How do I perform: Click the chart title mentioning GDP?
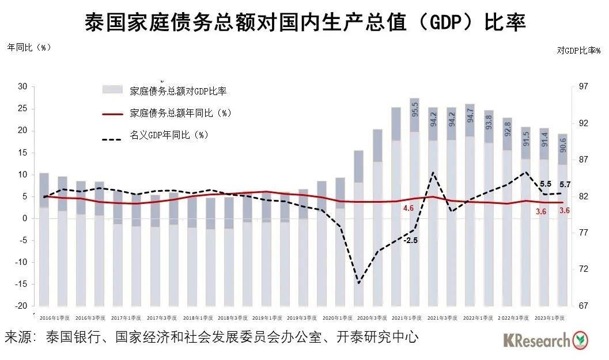(305, 23)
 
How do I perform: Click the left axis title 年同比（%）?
(29, 48)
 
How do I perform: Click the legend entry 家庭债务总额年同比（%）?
(180, 113)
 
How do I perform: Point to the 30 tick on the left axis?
(22, 86)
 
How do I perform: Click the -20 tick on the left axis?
(21, 306)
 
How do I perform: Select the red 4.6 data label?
(408, 208)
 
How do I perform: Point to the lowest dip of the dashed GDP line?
(358, 283)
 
